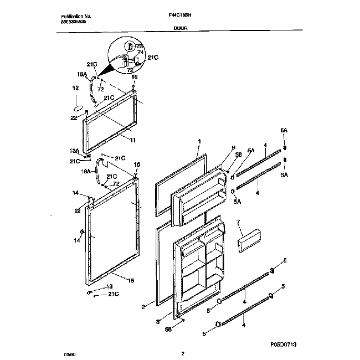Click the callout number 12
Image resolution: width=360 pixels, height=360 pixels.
76,88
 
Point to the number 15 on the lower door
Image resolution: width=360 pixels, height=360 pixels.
131,281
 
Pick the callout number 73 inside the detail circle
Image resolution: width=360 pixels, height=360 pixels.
140,46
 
